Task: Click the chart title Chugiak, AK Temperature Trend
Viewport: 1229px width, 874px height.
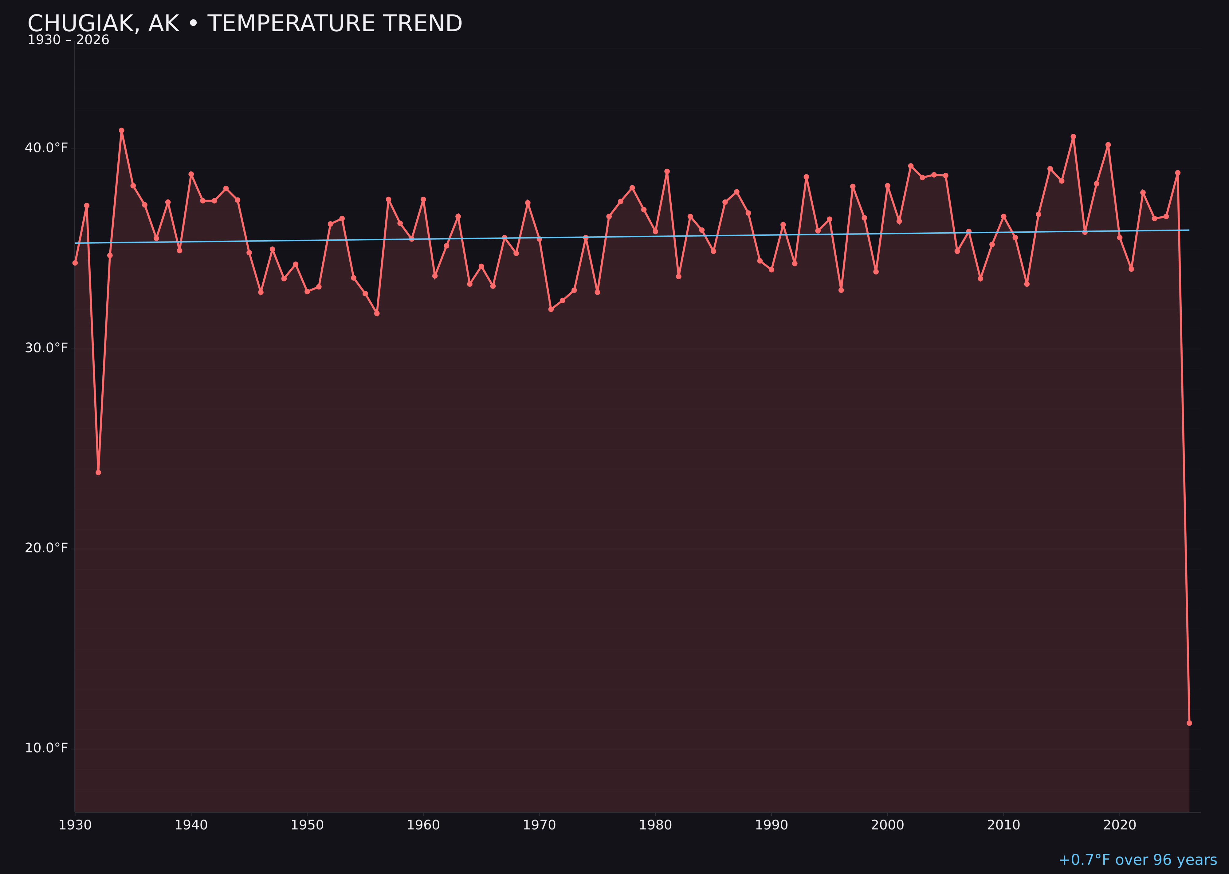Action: [x=245, y=24]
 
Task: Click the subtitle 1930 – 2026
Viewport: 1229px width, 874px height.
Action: [x=68, y=40]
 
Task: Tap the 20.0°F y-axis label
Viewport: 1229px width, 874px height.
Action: [x=46, y=548]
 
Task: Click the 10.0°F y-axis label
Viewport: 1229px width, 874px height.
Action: [x=46, y=748]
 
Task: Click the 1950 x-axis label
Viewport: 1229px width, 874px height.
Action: [x=307, y=825]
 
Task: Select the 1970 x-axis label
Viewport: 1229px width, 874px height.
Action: [x=539, y=825]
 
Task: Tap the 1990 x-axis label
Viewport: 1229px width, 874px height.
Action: [x=771, y=825]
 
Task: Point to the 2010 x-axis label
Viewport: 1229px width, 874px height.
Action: [x=1003, y=825]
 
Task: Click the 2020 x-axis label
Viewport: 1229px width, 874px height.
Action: [x=1120, y=825]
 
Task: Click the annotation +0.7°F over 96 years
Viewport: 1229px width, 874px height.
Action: [x=1137, y=860]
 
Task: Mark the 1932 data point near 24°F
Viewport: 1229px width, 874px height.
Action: [x=98, y=473]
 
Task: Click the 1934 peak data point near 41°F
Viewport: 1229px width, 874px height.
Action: [x=122, y=130]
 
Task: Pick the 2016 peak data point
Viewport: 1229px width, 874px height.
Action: [x=1073, y=137]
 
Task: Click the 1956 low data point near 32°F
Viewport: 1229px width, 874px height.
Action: [x=377, y=313]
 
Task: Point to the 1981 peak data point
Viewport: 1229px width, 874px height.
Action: [x=667, y=172]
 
